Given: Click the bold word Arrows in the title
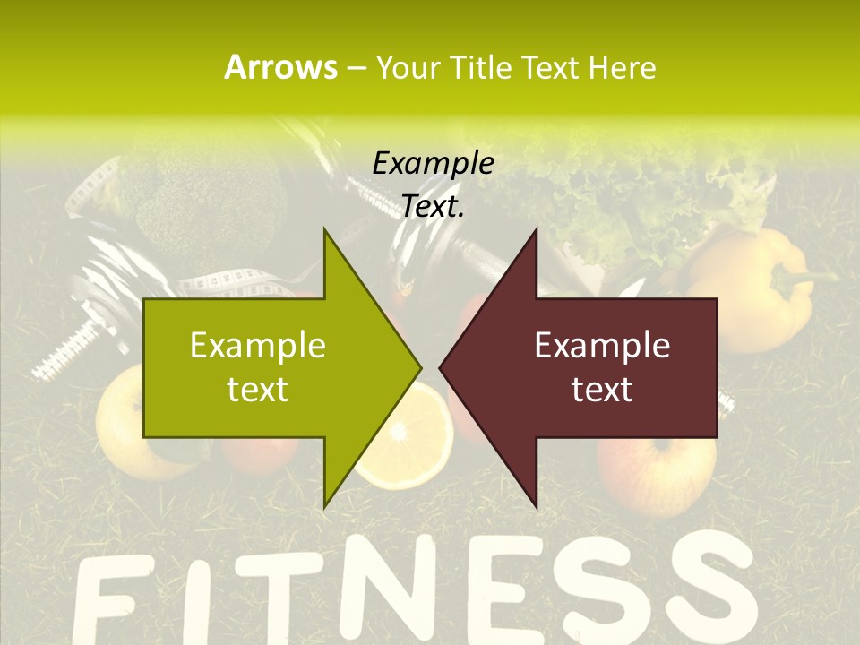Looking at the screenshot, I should [x=280, y=67].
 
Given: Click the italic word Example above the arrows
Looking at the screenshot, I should [x=433, y=163].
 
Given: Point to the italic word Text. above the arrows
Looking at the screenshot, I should [x=433, y=206].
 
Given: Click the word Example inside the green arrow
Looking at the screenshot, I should [x=258, y=346].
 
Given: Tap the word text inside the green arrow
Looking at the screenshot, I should [x=258, y=390].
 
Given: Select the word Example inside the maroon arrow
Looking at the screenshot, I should [x=602, y=346].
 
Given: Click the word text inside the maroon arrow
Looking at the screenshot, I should [x=602, y=390].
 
